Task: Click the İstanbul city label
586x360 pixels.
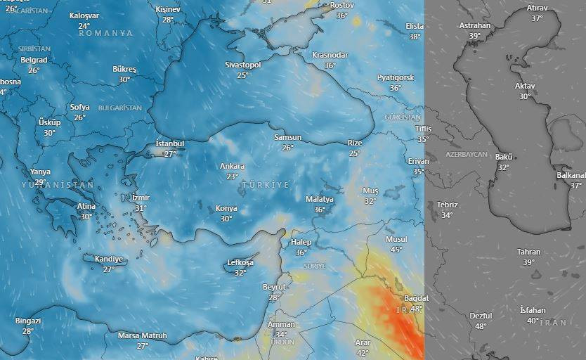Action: [x=169, y=143]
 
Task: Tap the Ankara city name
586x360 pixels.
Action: [x=232, y=166]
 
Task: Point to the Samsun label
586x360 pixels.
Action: [x=288, y=137]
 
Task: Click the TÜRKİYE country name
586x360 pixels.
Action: [x=265, y=184]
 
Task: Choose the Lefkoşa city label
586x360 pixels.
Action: [x=240, y=263]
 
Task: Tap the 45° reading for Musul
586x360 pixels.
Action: [x=396, y=250]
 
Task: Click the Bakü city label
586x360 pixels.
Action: [x=504, y=156]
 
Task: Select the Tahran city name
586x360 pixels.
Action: [x=528, y=252]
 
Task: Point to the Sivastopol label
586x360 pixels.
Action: [x=242, y=65]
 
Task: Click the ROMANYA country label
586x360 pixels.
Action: [x=105, y=33]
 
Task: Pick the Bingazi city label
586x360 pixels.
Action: [x=28, y=321]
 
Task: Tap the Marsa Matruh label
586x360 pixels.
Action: [x=143, y=335]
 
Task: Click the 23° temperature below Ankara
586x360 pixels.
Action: [x=232, y=176]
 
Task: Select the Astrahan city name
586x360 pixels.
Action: [x=475, y=25]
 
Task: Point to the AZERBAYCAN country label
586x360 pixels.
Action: [x=466, y=153]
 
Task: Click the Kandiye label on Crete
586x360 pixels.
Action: [x=108, y=259]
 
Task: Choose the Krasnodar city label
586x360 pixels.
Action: [x=330, y=55]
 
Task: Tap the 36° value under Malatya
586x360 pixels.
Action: [x=320, y=210]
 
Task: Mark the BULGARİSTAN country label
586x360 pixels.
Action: [x=120, y=108]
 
